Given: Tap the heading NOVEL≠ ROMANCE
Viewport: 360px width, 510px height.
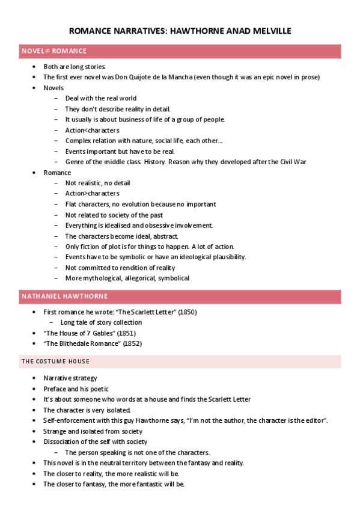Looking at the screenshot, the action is point(46,51).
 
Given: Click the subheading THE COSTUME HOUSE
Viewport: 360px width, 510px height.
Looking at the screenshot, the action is point(55,361).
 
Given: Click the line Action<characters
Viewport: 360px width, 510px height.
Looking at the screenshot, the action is point(92,130).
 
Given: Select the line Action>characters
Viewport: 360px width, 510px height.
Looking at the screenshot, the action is point(92,194).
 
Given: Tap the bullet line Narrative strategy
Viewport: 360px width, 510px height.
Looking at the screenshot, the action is point(70,378).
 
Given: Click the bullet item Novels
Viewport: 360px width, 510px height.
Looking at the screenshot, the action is point(53,88).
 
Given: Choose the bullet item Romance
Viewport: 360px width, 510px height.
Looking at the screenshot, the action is point(57,173).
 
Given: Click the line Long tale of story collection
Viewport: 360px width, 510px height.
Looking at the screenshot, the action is point(101,323).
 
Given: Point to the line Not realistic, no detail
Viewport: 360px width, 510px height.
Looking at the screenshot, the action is point(97,183).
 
